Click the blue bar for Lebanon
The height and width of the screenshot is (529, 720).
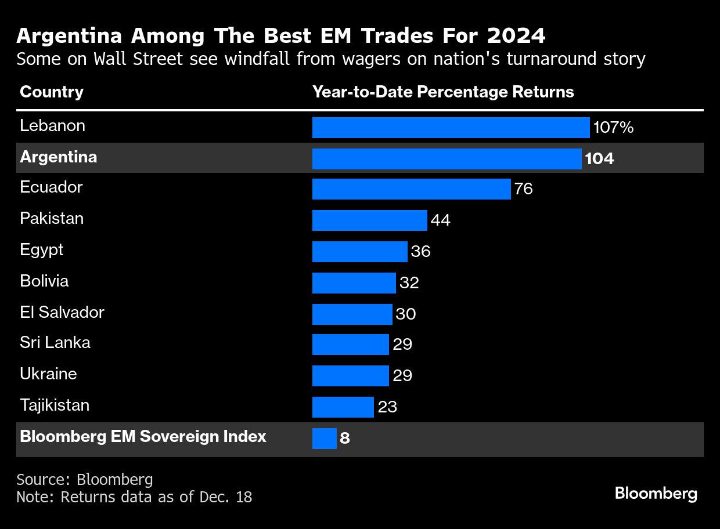pyautogui.click(x=451, y=128)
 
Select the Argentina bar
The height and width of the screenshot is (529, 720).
pyautogui.click(x=447, y=158)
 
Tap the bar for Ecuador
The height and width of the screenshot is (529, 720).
pyautogui.click(x=411, y=189)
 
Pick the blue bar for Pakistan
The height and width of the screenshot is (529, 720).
pyautogui.click(x=369, y=220)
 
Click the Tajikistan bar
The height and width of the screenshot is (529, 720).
pyautogui.click(x=343, y=407)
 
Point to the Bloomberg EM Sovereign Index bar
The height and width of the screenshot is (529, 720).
pyautogui.click(x=324, y=438)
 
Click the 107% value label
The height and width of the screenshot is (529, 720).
pyautogui.click(x=613, y=128)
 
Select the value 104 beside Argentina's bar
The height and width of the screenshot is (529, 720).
pyautogui.click(x=599, y=159)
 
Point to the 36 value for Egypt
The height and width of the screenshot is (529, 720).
pyautogui.click(x=420, y=252)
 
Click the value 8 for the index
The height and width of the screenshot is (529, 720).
pyautogui.click(x=345, y=439)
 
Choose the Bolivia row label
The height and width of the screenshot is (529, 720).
pyautogui.click(x=44, y=281)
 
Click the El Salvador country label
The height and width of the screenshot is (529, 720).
pyautogui.click(x=62, y=312)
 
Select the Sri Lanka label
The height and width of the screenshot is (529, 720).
pyautogui.click(x=55, y=343)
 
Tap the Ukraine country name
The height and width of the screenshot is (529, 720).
pyautogui.click(x=48, y=374)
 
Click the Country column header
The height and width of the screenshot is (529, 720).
pyautogui.click(x=51, y=92)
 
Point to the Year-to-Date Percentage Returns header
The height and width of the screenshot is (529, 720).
pyautogui.click(x=443, y=92)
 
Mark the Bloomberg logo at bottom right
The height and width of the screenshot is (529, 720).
pyautogui.click(x=656, y=494)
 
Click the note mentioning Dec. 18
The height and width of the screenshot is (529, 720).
pyautogui.click(x=134, y=497)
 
